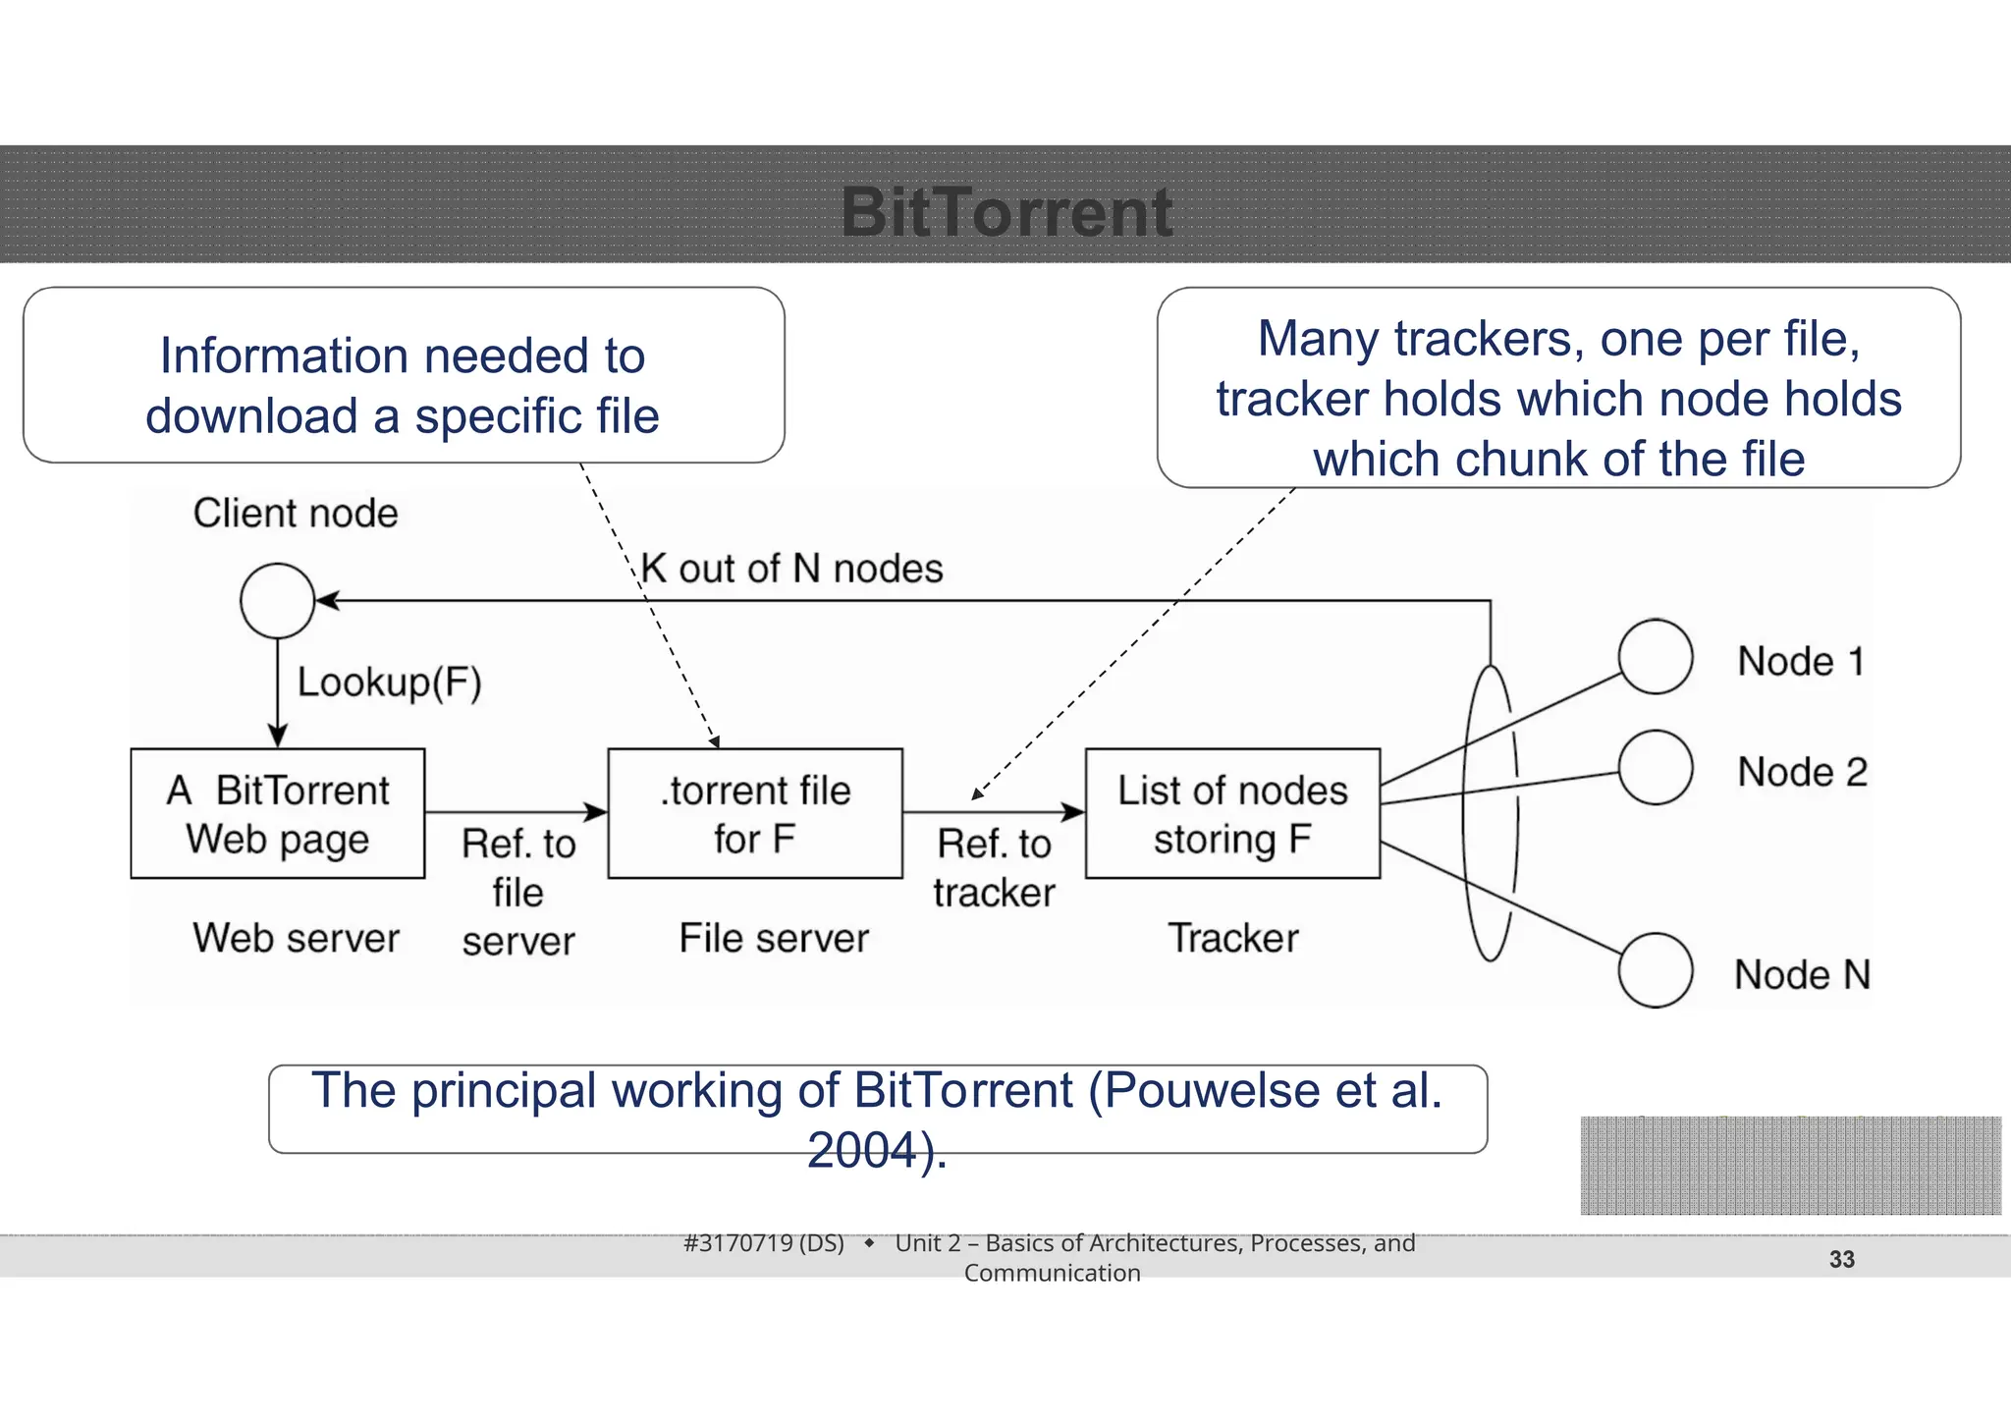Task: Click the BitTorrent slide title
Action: click(x=1006, y=212)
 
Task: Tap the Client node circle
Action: click(x=278, y=601)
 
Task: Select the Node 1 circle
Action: click(x=1656, y=656)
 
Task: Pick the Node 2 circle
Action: click(x=1656, y=767)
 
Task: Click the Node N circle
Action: click(x=1656, y=970)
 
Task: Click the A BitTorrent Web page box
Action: click(x=278, y=814)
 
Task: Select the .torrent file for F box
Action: click(x=755, y=814)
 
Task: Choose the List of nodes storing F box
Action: click(x=1232, y=814)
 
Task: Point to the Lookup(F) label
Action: click(x=390, y=683)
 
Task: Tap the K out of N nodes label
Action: click(x=791, y=569)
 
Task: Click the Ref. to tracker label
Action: click(x=994, y=868)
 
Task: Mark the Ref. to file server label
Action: click(x=518, y=892)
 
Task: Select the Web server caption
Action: click(x=296, y=938)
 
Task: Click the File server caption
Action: click(x=774, y=938)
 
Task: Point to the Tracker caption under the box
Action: click(x=1232, y=938)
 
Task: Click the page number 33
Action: click(x=1841, y=1259)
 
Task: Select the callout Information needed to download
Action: click(x=404, y=385)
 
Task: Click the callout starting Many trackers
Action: click(x=1558, y=397)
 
